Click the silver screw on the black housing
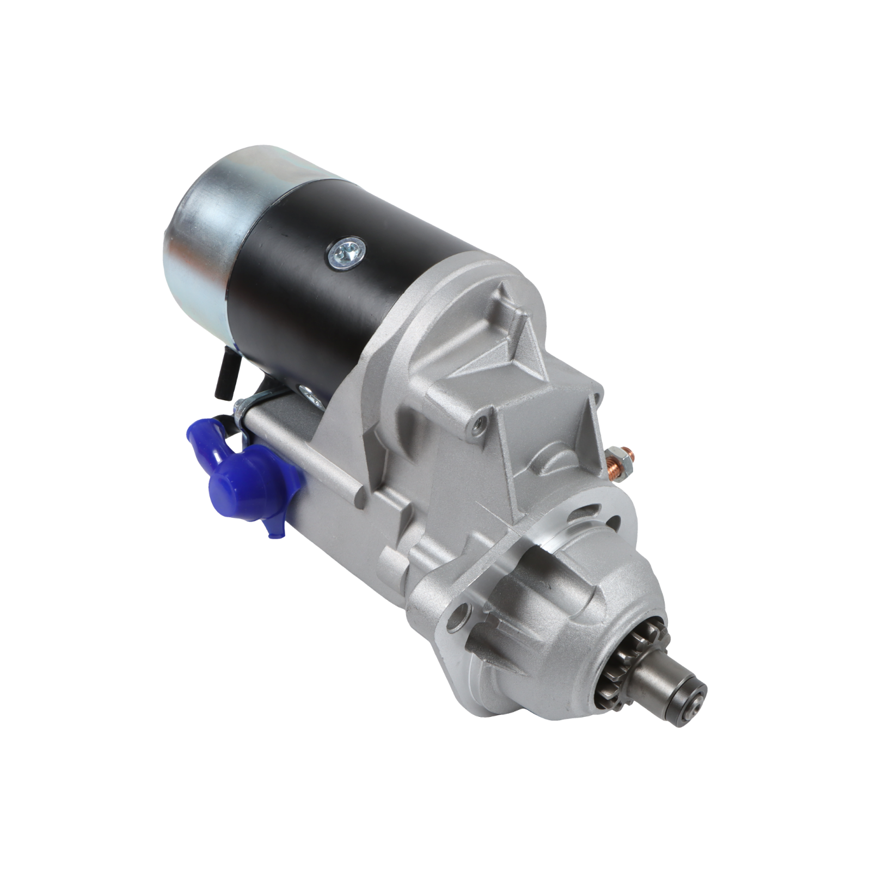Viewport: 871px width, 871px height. point(346,253)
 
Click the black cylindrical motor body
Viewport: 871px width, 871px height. point(338,305)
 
